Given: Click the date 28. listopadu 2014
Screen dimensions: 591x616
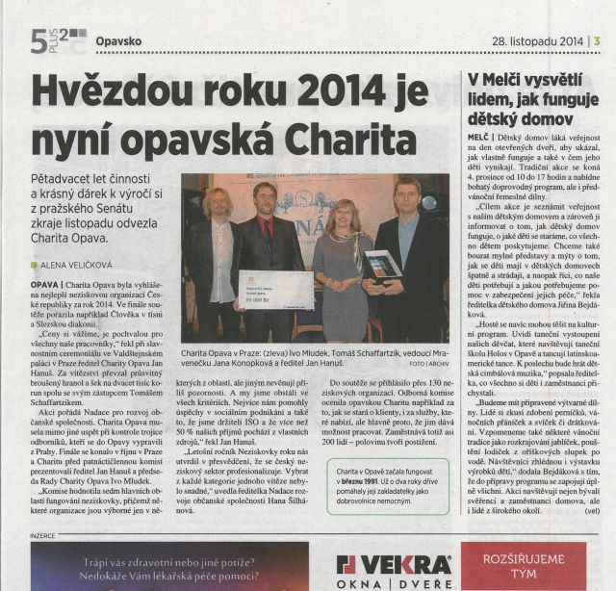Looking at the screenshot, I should coord(537,40).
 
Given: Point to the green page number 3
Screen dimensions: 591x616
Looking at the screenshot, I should coord(598,40).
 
